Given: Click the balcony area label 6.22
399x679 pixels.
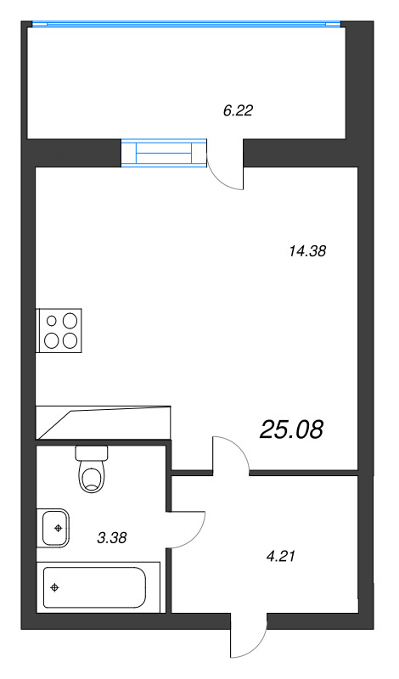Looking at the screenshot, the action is tap(238, 111).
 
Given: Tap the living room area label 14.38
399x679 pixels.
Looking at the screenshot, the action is tap(306, 250).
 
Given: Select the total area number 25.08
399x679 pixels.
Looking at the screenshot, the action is tap(291, 430).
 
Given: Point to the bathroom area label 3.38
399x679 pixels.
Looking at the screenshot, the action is tap(112, 538).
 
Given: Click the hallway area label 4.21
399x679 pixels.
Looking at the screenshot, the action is tap(280, 556).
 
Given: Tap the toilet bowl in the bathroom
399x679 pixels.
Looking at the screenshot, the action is tap(92, 476).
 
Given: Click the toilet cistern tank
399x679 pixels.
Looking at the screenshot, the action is tap(92, 453).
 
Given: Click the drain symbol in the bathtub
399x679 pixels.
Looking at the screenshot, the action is tap(54, 587).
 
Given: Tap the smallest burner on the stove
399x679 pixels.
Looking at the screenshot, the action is tap(52, 321).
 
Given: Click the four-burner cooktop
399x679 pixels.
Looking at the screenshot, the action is tap(59, 330).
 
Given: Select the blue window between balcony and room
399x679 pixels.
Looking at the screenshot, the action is tap(164, 153).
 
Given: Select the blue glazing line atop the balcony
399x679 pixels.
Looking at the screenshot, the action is tap(186, 24).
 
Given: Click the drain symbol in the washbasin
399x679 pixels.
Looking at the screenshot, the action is tap(57, 528).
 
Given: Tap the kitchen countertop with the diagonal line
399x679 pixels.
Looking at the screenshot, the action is tap(103, 423).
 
